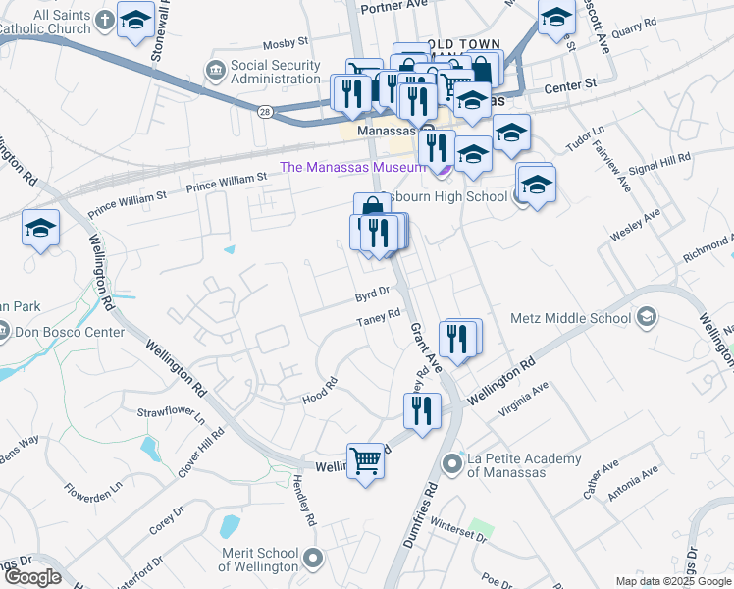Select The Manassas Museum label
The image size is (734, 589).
click(x=352, y=167)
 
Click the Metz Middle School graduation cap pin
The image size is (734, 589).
click(x=646, y=317)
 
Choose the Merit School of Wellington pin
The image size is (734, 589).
click(x=313, y=559)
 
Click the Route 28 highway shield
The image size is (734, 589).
click(x=266, y=114)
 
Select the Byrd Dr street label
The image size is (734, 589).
click(x=373, y=292)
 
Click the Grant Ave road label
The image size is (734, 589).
click(x=427, y=345)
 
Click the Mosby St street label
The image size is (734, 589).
click(x=287, y=44)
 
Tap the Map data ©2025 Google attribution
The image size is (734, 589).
click(x=672, y=581)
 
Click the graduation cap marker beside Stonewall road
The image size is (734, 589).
click(x=134, y=20)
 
